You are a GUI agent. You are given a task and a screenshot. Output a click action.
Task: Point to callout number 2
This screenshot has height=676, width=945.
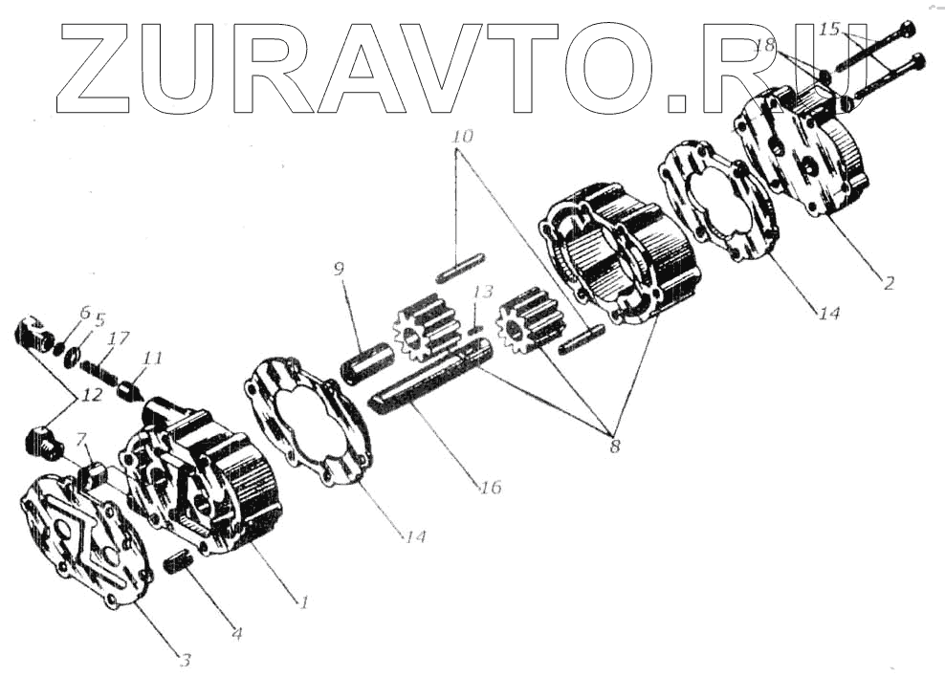point(889,283)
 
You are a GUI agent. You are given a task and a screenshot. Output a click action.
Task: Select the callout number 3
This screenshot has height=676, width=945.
point(186,659)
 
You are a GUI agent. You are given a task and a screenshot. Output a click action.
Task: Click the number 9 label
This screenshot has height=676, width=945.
point(339,270)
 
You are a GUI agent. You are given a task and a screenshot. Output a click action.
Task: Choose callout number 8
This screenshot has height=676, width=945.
point(612,445)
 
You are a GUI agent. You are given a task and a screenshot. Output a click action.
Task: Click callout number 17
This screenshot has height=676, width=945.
point(120,337)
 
